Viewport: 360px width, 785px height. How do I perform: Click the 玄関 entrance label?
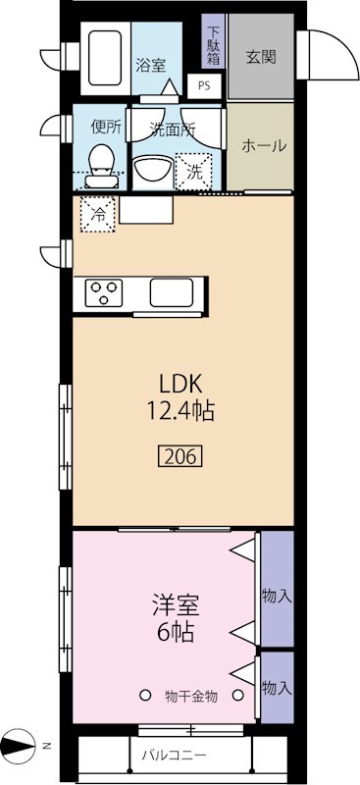click(260, 56)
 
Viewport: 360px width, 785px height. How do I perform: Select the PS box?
click(204, 85)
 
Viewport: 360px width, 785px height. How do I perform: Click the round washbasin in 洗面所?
click(152, 170)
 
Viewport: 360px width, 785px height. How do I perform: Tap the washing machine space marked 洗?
click(194, 170)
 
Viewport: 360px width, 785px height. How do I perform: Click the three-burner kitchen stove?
click(104, 291)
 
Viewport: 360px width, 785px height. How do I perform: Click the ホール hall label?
click(263, 146)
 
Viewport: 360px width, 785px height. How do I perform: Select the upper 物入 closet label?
click(277, 595)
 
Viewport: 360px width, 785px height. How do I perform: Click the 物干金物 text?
click(191, 696)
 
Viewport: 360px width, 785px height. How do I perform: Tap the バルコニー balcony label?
click(173, 756)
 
